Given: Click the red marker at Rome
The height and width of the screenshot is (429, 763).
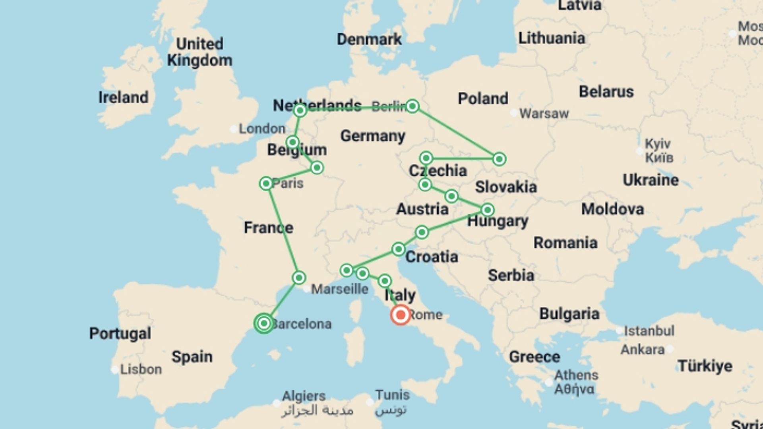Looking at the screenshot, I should click(400, 315).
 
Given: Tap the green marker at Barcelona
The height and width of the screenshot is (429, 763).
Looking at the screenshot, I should click(264, 323).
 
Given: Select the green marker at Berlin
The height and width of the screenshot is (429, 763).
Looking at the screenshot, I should click(412, 106).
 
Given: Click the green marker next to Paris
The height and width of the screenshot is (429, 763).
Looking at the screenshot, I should click(266, 184).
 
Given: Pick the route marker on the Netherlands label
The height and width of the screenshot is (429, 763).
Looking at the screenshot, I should click(300, 110).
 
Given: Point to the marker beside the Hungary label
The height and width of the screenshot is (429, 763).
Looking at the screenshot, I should click(488, 210).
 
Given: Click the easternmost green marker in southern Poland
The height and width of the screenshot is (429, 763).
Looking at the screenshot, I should click(499, 159).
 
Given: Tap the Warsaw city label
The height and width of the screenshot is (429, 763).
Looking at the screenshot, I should click(544, 114).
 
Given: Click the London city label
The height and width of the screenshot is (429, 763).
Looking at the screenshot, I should click(261, 129).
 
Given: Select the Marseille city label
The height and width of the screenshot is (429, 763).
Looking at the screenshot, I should click(339, 289).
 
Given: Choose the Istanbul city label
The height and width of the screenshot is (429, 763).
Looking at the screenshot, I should click(649, 330).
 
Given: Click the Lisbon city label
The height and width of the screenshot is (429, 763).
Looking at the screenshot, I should click(141, 369).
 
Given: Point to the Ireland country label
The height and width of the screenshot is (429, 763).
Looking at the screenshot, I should click(123, 97).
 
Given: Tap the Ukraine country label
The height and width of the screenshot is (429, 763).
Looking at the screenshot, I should click(651, 180).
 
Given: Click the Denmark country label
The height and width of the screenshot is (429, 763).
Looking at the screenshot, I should click(369, 39).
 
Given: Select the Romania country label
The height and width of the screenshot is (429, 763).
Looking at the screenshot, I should click(565, 243).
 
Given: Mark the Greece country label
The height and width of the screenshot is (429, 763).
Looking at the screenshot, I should click(534, 357).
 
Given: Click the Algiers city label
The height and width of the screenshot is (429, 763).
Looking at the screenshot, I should click(304, 396).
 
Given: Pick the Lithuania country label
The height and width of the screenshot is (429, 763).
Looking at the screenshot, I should click(552, 39).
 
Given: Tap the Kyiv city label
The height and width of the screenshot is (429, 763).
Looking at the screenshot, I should click(657, 144).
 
